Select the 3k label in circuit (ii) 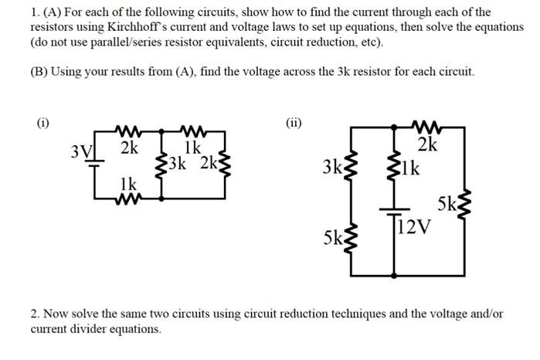tap(332, 167)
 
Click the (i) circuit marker tap(44, 122)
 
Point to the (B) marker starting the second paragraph tap(39, 72)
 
